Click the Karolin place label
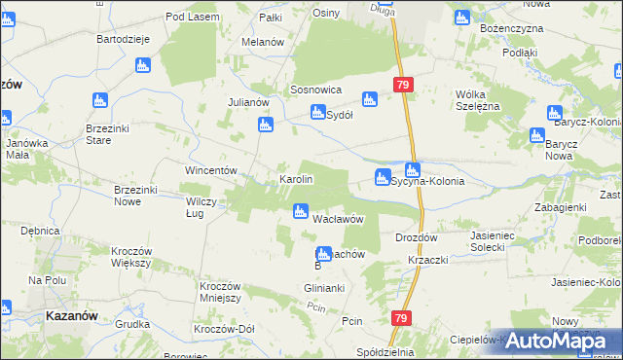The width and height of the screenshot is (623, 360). coord(296,180)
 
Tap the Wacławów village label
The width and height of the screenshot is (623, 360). coord(338,218)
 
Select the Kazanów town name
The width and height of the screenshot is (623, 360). coord(70,316)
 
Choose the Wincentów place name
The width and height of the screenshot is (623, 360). coord(212,170)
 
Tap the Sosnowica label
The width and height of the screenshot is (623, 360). coord(314,89)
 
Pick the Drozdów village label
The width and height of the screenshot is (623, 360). coord(418,237)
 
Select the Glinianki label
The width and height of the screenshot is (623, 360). coord(325,289)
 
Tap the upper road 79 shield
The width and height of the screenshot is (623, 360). coord(404,86)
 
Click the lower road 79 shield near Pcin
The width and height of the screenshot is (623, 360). coord(401,318)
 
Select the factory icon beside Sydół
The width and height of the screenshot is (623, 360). coord(317,113)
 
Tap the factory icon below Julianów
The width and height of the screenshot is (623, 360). coord(265,125)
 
